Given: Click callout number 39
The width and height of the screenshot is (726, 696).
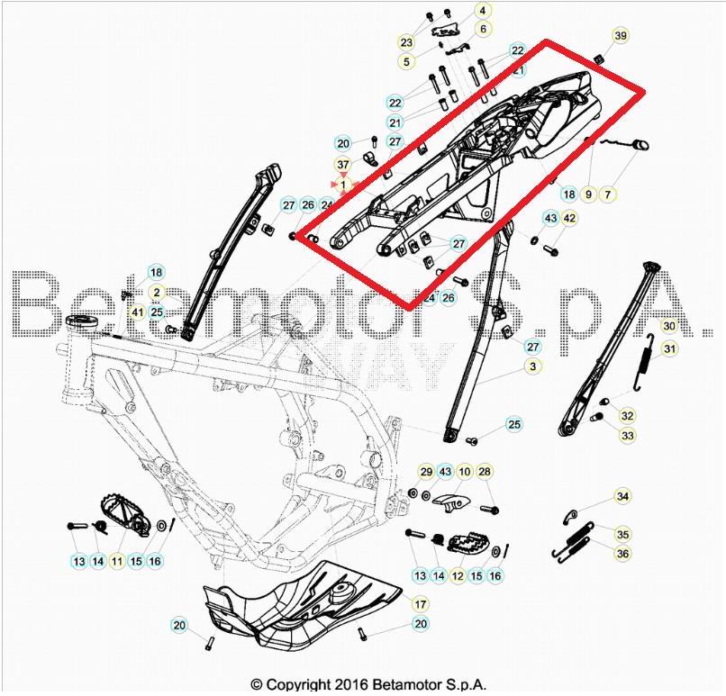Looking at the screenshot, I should (621, 36).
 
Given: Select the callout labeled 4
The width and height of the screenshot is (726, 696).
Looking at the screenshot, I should (482, 11).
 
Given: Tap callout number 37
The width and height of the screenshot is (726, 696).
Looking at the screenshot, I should (342, 165).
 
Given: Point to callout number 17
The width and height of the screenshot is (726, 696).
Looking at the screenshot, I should (421, 603).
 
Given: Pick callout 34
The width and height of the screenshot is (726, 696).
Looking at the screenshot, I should (622, 496).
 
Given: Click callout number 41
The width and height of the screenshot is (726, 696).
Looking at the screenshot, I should (137, 312).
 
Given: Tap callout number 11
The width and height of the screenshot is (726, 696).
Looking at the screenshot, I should (117, 561).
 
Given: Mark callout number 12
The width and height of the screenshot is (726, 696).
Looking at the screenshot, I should (458, 575).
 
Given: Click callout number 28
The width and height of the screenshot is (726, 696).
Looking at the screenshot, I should (485, 472).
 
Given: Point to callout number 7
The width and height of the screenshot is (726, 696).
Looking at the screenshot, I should (607, 194).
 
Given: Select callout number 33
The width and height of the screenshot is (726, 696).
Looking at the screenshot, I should (627, 435).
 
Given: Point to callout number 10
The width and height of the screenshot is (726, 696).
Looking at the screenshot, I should (465, 472).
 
